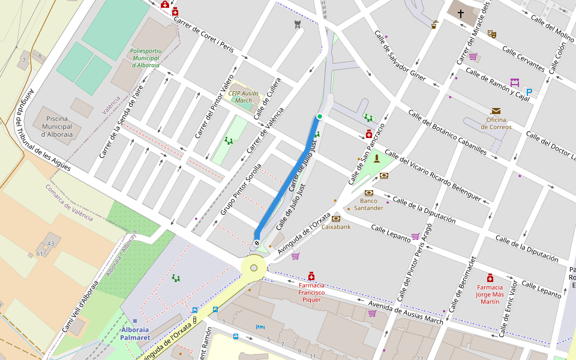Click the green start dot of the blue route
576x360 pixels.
[x=320, y=116]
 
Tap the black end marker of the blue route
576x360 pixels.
[x=257, y=243]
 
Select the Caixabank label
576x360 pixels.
[x=336, y=227]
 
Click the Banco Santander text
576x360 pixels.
[x=368, y=205]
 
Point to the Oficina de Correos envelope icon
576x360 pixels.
[x=496, y=111]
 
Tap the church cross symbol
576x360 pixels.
[x=461, y=13]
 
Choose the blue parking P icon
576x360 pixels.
[x=529, y=92]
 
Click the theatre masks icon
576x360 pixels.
[x=492, y=34]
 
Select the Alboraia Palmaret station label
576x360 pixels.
[x=134, y=334]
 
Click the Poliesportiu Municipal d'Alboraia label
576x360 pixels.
[x=145, y=58]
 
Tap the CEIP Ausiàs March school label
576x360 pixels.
[x=244, y=97]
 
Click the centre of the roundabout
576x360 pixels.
[x=254, y=268]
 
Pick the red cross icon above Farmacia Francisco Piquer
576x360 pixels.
[x=311, y=276]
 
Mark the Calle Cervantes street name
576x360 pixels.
[x=523, y=59]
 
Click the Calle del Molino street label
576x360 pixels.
[x=552, y=27]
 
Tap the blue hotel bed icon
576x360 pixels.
[x=260, y=327]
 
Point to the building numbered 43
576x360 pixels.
[x=51, y=244]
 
